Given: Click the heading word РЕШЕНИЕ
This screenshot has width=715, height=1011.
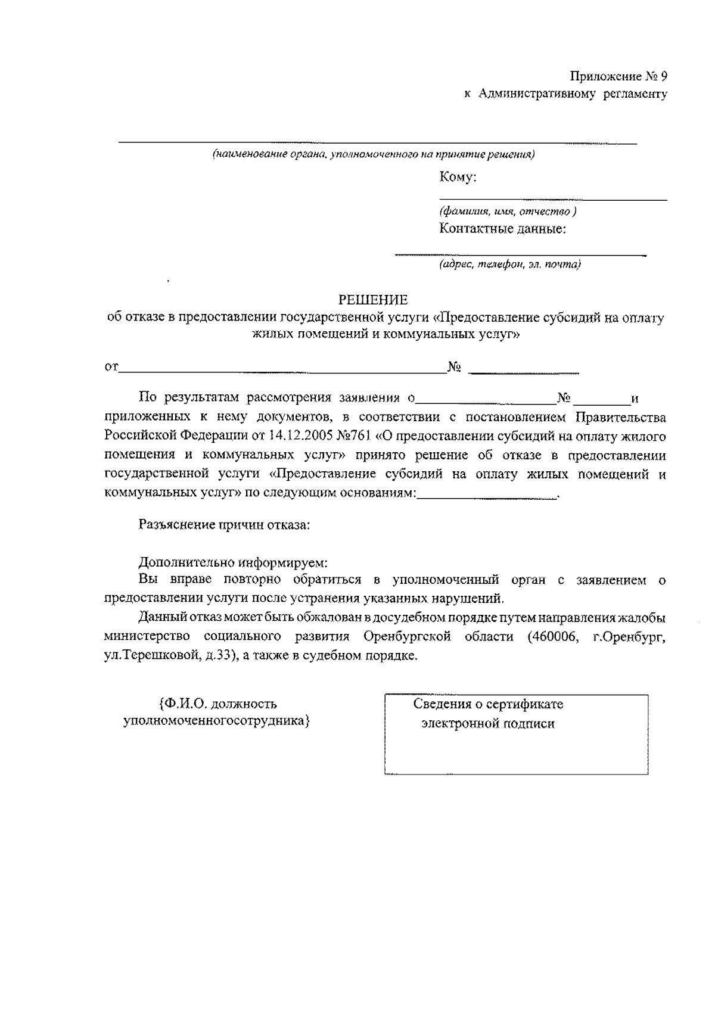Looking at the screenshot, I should [373, 299].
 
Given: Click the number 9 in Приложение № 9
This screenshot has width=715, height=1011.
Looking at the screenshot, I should [663, 76].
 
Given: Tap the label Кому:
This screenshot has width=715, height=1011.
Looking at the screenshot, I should [457, 177].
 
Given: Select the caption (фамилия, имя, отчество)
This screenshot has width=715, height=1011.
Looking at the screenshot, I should [507, 211].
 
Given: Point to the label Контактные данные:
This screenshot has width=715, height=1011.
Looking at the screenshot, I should [502, 228].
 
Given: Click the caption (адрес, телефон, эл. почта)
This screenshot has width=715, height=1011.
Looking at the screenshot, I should [509, 264].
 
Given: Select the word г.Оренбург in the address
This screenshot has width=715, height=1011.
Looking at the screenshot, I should [629, 637].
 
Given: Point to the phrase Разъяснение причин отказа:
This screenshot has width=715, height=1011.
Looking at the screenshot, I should [224, 525].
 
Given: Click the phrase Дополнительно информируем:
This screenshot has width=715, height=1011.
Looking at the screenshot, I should [233, 562].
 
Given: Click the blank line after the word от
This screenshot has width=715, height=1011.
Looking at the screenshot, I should [283, 372].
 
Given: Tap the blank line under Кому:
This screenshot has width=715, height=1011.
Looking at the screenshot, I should [553, 199].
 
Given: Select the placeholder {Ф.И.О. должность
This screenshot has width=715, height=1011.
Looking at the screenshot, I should [217, 704].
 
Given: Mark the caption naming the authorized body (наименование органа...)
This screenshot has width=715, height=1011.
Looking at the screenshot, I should [374, 155].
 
